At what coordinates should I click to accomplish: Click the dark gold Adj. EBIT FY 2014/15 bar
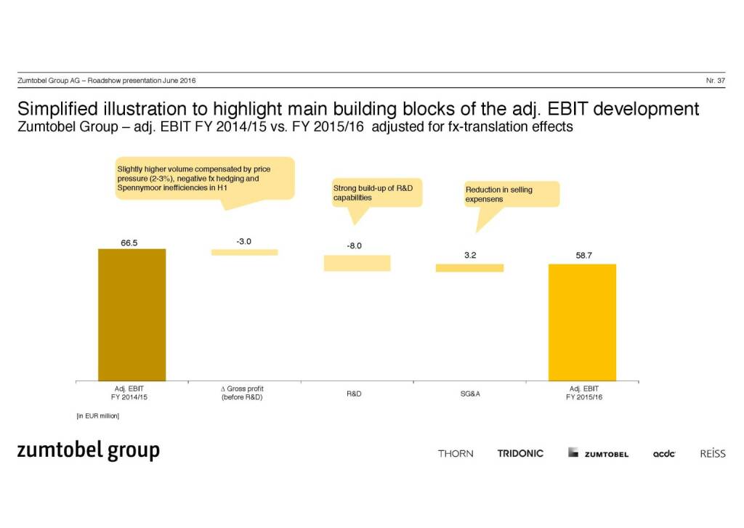(132, 314)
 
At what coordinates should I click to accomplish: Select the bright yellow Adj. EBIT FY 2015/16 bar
(582, 322)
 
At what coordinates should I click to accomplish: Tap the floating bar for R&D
(357, 263)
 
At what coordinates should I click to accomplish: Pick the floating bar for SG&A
(469, 268)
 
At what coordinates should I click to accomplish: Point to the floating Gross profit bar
(244, 252)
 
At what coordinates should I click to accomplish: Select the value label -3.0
(244, 241)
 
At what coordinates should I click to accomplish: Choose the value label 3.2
(469, 256)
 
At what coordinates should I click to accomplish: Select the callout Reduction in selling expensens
(511, 194)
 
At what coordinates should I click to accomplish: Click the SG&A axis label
(469, 394)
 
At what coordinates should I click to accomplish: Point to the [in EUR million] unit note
(98, 416)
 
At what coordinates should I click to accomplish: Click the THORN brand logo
(456, 453)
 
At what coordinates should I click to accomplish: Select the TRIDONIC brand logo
(520, 453)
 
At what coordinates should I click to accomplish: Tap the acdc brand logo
(664, 454)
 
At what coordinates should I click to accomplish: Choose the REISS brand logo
(712, 453)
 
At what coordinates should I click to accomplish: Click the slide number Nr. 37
(716, 80)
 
